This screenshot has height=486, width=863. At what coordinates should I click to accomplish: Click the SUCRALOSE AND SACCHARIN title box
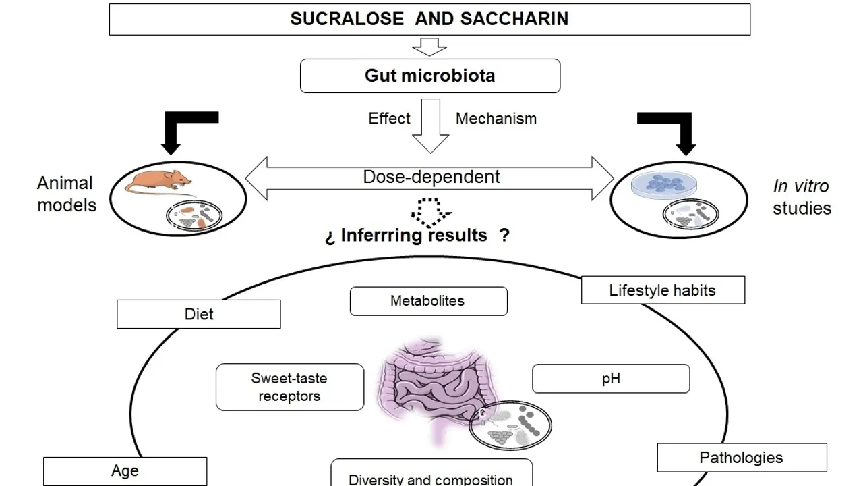click(x=429, y=19)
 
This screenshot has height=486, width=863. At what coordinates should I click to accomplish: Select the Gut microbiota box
click(x=429, y=76)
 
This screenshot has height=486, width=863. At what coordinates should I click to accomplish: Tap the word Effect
click(x=389, y=119)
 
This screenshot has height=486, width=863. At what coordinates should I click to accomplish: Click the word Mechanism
click(x=496, y=119)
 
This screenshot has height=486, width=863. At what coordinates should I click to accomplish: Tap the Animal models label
click(x=65, y=194)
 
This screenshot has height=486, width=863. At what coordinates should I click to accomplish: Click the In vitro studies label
click(x=802, y=197)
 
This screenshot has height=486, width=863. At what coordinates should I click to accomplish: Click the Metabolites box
click(x=428, y=301)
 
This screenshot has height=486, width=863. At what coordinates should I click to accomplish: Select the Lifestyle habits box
click(x=663, y=290)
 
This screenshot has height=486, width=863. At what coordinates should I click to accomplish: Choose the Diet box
click(x=199, y=315)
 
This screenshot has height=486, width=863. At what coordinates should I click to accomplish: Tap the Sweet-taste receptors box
click(x=289, y=387)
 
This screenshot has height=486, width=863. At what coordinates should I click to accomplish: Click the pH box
click(x=611, y=379)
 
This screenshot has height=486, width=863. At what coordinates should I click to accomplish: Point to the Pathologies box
click(x=742, y=458)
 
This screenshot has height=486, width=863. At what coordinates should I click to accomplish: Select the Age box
click(x=125, y=471)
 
